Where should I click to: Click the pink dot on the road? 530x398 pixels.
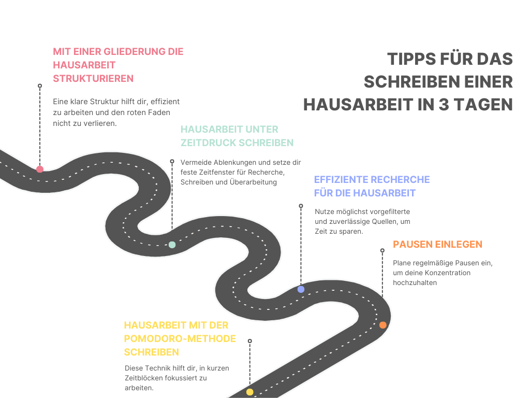point(40,169)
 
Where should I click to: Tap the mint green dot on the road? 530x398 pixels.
point(172,245)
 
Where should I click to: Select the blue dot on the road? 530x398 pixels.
point(301,289)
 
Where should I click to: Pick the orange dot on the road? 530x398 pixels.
point(382,325)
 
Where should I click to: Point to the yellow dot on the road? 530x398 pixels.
point(250,392)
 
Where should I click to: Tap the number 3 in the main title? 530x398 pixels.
point(444,105)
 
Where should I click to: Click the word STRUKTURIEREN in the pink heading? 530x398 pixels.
point(93,79)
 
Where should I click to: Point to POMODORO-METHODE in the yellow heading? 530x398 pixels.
point(180,339)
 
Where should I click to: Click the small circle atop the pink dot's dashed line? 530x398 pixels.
point(40,86)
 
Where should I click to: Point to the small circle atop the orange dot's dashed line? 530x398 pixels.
point(382,251)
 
